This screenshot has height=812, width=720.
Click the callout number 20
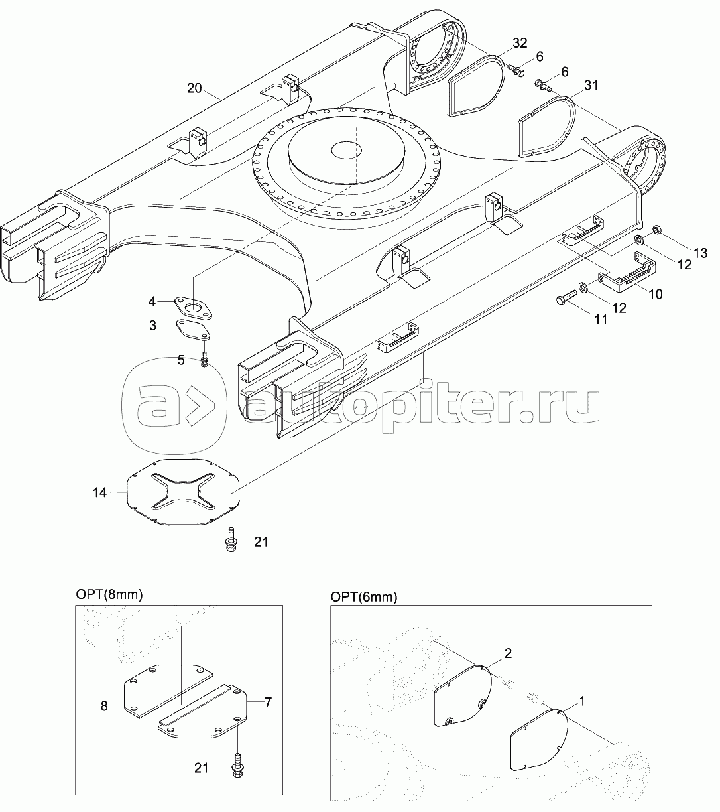[196, 88]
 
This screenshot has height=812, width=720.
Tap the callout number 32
[520, 44]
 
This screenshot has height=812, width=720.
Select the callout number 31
[591, 85]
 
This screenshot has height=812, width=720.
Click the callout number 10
[655, 294]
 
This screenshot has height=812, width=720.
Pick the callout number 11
[600, 319]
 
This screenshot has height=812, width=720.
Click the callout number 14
[100, 492]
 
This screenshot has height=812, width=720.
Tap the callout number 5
[181, 360]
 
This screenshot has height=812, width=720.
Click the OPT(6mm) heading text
[364, 598]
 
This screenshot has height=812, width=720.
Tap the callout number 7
[268, 701]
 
